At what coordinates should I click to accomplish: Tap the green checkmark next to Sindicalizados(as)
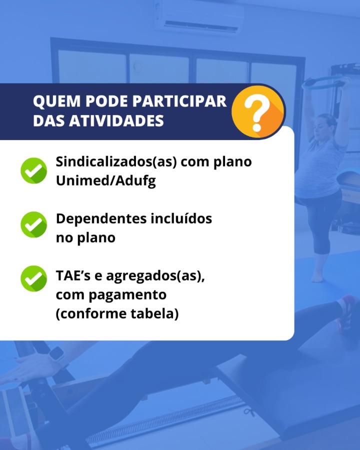point(34,171)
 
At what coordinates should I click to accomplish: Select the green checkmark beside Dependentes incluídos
point(34,224)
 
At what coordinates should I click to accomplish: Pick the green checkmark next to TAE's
point(34,278)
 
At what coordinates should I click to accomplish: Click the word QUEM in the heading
point(56,101)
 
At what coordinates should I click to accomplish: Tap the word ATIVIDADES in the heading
point(116,120)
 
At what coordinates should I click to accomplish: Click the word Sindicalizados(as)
point(116,162)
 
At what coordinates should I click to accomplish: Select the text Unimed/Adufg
point(106,181)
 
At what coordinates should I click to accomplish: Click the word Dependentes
point(101,218)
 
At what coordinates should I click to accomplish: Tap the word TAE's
point(73,275)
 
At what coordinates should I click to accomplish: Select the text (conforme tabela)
point(117,313)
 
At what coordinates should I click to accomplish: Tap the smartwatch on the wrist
point(57,356)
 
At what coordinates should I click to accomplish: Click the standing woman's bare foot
point(317,277)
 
